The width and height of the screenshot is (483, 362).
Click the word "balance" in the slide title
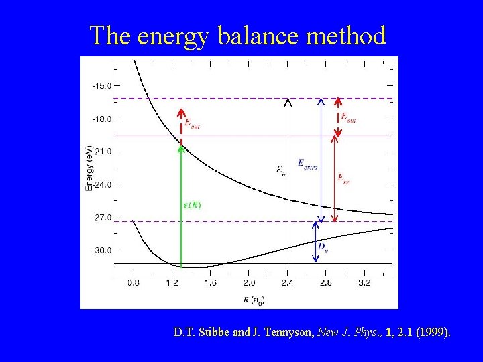point(259,36)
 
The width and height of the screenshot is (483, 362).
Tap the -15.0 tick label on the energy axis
point(102,86)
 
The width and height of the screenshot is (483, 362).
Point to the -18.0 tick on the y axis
point(102,119)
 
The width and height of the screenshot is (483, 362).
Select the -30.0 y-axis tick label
point(102,250)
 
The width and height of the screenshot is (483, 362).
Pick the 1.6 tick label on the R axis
point(210,283)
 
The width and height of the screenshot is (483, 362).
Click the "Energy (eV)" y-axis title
point(89,167)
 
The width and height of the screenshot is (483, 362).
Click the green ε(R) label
point(192,205)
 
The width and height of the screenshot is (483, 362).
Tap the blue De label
point(323,247)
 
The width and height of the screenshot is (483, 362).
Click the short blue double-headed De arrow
point(315,241)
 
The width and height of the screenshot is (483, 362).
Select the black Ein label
point(282,170)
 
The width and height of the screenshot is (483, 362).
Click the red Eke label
point(343,178)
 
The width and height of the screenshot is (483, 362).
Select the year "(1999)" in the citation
point(433,331)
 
